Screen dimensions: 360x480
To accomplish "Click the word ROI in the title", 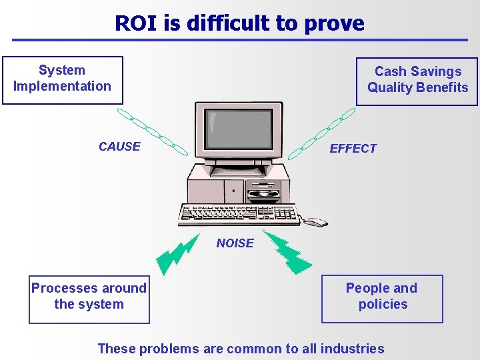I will click(135, 23).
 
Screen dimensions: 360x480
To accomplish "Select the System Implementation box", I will click(63, 80).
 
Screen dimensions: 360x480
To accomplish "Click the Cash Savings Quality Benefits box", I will click(417, 81).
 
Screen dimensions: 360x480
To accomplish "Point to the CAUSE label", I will click(119, 147).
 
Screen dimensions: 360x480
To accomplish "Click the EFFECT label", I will click(353, 149).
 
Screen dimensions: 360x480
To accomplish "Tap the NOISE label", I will click(235, 243).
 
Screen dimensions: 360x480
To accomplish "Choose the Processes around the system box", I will click(89, 298).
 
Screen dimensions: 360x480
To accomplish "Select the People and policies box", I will click(382, 298).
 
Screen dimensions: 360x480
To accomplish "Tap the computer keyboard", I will click(239, 213).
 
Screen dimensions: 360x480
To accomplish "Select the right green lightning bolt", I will click(288, 251).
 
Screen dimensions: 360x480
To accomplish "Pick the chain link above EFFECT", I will click(323, 129).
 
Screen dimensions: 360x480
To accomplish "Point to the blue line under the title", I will click(240, 40).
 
